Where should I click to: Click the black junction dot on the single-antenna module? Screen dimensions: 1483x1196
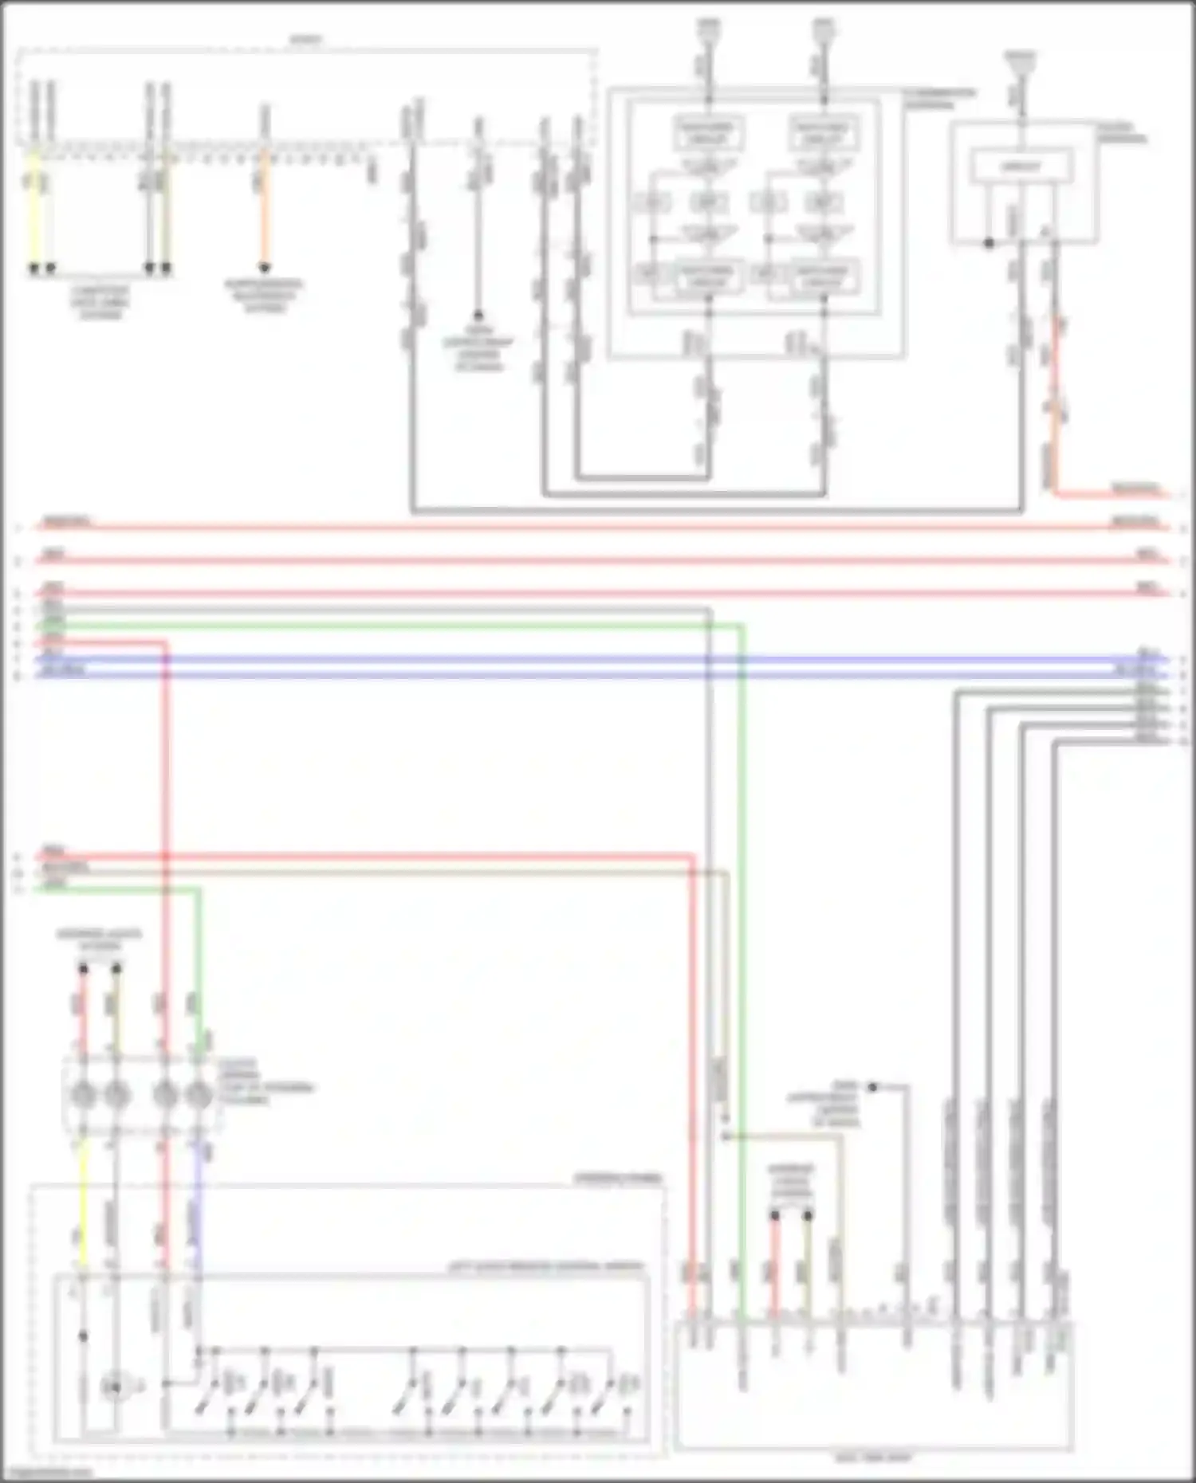click(x=989, y=243)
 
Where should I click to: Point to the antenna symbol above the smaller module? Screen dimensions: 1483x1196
click(x=1021, y=60)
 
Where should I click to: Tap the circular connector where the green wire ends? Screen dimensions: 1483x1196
click(x=198, y=1096)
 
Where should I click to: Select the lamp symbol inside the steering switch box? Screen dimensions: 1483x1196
click(x=114, y=1388)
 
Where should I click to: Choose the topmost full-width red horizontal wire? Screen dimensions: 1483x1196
click(x=598, y=528)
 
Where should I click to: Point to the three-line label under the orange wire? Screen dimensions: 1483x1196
click(x=263, y=296)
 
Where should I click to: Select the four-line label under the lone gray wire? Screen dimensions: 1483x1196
click(x=478, y=348)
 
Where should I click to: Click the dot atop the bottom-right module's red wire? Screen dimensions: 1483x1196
click(x=774, y=1216)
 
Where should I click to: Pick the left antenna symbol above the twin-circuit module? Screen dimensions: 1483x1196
click(x=708, y=30)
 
